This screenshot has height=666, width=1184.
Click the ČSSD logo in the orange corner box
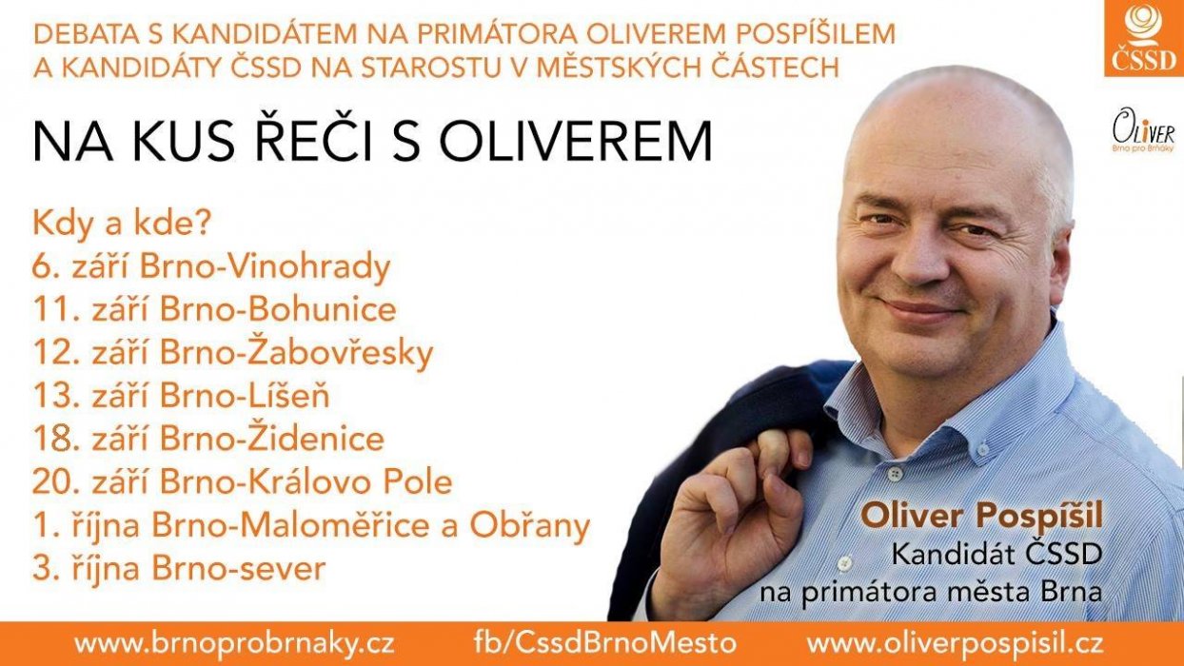[x=1144, y=37]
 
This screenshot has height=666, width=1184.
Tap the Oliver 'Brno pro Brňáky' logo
[x=1144, y=130]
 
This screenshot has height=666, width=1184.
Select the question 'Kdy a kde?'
[x=122, y=224]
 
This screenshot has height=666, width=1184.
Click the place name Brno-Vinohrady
[x=266, y=268]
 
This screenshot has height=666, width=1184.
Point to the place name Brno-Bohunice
[x=279, y=309]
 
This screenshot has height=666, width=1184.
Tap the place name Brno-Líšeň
[x=246, y=394]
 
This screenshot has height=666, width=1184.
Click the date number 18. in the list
[x=56, y=439]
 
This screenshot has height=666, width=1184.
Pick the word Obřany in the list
[x=530, y=525]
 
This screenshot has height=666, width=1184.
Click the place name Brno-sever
[x=238, y=569]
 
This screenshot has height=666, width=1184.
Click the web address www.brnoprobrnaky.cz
[x=234, y=644]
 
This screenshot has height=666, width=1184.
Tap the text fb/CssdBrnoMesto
[x=605, y=643]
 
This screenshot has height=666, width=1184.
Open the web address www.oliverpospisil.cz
[x=956, y=644]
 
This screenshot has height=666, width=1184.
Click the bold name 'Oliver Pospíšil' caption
[x=981, y=517]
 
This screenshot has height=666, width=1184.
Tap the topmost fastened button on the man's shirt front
[x=895, y=473]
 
